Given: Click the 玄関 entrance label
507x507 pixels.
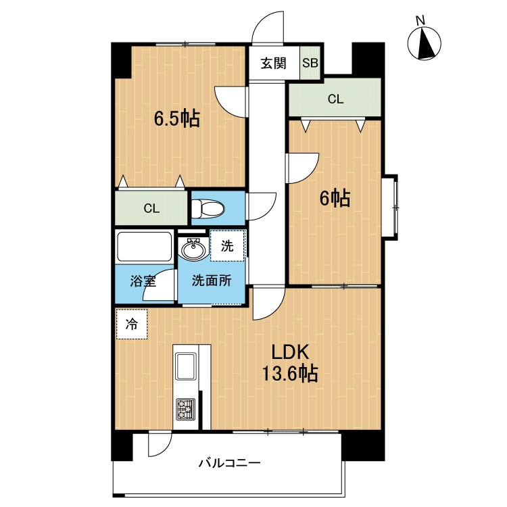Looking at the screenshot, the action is click(x=273, y=63).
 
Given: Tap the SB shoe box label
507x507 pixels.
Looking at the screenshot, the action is click(x=310, y=63).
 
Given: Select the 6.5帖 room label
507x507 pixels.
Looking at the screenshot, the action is click(x=177, y=118).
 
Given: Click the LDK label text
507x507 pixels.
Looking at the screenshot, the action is click(x=290, y=352).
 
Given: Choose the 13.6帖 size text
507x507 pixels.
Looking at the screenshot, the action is click(x=290, y=373).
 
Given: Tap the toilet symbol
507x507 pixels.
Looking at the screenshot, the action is click(x=208, y=209).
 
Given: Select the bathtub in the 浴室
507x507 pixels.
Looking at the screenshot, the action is click(x=144, y=247).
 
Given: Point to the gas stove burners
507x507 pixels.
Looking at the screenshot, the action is click(x=186, y=409).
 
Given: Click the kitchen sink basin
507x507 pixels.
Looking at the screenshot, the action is click(x=186, y=366).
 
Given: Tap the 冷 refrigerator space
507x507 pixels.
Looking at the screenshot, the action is click(x=132, y=324).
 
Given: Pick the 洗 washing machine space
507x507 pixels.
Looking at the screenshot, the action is click(x=227, y=246).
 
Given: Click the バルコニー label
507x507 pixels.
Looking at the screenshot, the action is click(x=229, y=463).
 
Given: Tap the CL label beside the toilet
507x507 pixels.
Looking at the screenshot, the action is click(x=151, y=209).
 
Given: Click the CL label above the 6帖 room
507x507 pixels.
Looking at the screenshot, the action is click(x=335, y=99).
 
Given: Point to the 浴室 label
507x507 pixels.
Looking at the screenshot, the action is click(x=143, y=281).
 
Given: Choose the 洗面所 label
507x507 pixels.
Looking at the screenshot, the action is click(x=212, y=281).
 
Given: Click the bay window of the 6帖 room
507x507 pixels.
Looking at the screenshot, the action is click(x=390, y=208).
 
